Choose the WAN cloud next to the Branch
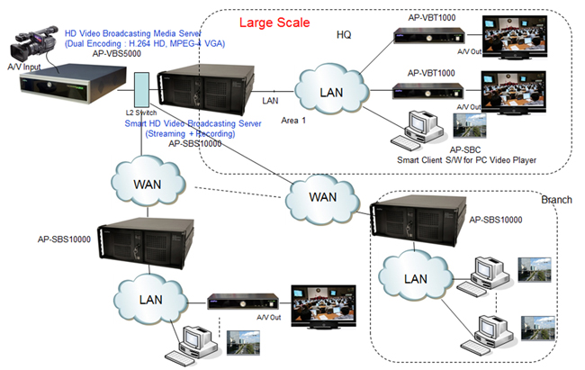(322, 195)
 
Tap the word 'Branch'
(555, 200)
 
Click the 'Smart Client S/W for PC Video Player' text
(467, 160)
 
